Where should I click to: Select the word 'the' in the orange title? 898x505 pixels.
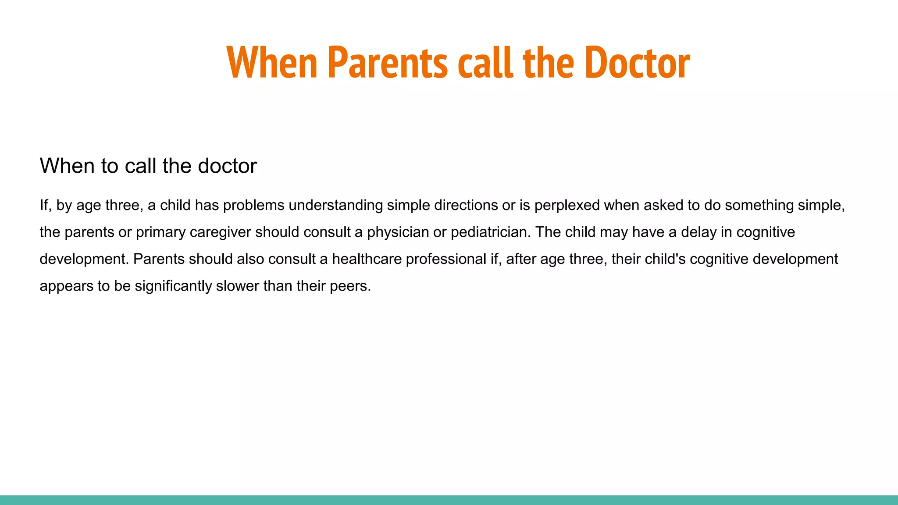(548, 63)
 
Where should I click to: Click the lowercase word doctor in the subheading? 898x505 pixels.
(227, 166)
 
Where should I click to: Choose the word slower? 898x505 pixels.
(238, 286)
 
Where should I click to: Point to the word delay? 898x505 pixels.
(698, 232)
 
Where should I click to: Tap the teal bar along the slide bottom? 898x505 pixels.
(449, 500)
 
